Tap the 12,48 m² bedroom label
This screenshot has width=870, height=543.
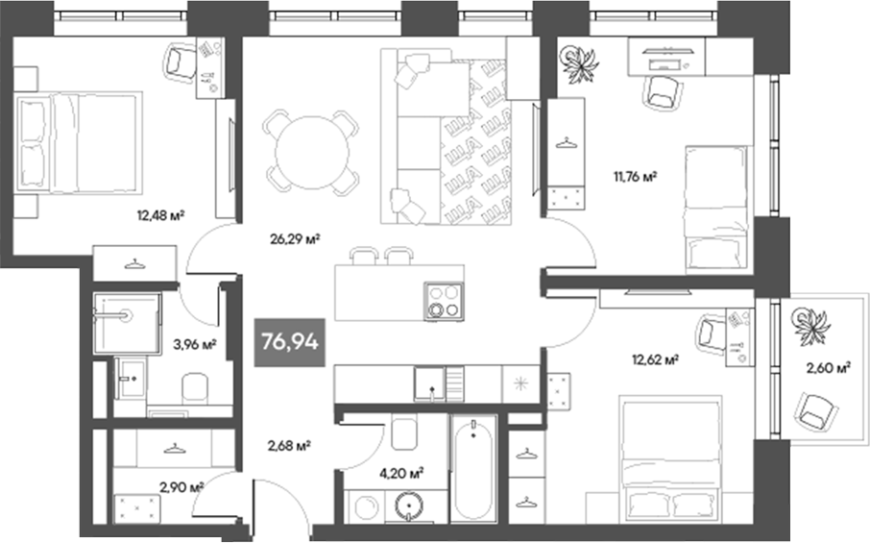click(x=161, y=214)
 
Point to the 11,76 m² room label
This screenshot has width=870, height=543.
click(x=635, y=176)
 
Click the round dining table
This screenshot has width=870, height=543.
click(x=312, y=149)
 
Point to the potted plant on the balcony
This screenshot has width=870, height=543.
click(x=812, y=324)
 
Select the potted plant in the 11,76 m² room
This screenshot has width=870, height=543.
click(x=579, y=64)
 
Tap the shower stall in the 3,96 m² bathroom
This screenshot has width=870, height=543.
click(x=127, y=323)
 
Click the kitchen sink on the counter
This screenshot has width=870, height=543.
click(x=432, y=383)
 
